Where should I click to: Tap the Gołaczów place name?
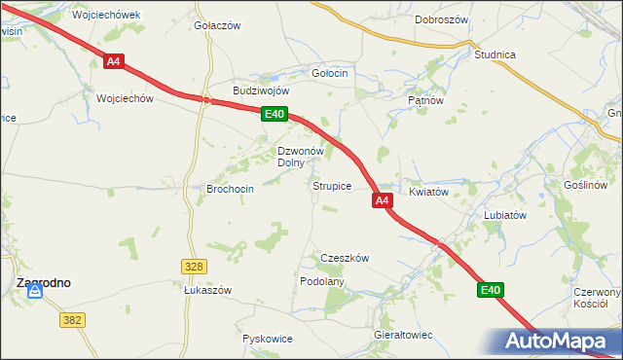(x=217, y=26)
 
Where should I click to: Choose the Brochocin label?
(x=231, y=189)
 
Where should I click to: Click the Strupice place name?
(x=331, y=185)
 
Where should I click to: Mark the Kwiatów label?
(x=428, y=193)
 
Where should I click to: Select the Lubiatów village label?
(x=505, y=215)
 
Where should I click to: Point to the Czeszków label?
(x=345, y=258)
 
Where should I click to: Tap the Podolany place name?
(x=322, y=280)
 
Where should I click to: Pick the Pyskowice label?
(x=267, y=339)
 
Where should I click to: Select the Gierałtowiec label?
(x=403, y=335)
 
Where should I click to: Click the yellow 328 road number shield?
(x=193, y=266)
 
